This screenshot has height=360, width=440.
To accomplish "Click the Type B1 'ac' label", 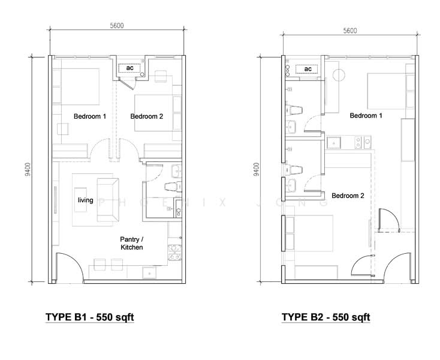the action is click(129, 68).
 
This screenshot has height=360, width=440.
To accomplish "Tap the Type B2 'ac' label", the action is click(308, 69).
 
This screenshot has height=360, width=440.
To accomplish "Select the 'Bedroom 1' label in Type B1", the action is click(90, 116).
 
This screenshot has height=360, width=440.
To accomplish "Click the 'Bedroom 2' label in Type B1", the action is click(146, 116).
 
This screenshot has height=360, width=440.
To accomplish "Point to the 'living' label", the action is click(86, 200).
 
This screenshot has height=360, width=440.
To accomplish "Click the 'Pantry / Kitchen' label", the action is click(132, 243).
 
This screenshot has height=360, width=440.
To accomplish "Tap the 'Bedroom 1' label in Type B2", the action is click(366, 115).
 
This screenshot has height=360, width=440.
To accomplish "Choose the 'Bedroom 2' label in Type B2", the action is click(348, 196).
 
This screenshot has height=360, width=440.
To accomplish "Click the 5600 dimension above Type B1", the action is click(117, 26).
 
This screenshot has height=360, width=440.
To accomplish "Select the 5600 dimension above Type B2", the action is click(350, 31).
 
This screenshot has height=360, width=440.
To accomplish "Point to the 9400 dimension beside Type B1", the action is click(28, 169).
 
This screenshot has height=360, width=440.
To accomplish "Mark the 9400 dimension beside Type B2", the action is click(256, 169).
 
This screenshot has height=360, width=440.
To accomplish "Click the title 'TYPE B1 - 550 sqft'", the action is click(90, 317).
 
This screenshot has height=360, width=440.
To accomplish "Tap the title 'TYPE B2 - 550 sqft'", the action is click(326, 317).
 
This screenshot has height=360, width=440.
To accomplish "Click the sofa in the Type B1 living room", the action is click(108, 200).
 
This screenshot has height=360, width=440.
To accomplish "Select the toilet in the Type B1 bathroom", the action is click(173, 187).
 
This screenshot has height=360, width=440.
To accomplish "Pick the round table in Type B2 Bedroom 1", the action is click(339, 75).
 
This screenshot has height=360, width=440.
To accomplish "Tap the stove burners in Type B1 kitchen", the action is click(174, 252).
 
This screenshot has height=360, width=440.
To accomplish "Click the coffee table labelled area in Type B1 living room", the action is click(80, 200).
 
